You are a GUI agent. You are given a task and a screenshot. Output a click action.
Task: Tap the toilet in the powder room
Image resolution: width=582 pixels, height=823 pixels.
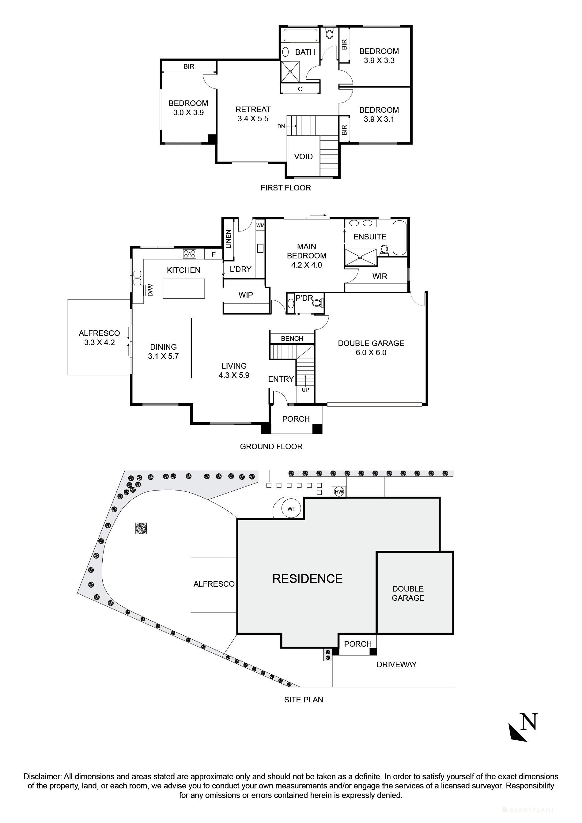point(317,303)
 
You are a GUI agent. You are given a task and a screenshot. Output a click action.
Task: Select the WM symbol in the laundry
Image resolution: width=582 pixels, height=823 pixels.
point(260,225)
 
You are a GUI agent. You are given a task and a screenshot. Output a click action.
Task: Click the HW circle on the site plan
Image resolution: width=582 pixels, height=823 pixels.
point(339,492)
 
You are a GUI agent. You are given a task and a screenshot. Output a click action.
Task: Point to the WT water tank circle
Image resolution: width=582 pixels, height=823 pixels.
point(291,509)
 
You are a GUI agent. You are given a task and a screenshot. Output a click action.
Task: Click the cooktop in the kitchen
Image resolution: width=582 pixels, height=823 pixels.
point(189,254)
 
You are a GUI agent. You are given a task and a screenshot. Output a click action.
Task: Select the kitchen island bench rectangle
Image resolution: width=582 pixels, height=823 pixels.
point(183,288)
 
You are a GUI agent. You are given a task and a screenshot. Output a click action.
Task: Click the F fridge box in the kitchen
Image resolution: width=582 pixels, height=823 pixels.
point(214,254)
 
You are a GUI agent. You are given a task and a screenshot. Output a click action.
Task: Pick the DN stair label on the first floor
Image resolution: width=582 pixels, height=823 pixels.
point(281,126)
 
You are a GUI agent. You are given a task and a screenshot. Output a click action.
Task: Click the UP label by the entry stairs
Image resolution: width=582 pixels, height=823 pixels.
point(305,390)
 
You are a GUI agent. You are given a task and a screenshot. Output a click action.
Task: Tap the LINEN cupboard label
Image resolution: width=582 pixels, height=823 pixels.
point(229,239)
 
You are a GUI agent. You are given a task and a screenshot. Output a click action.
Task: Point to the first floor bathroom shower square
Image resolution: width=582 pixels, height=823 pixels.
point(290,71)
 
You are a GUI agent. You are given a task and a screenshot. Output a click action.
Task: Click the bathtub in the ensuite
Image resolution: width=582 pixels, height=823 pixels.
point(400,238)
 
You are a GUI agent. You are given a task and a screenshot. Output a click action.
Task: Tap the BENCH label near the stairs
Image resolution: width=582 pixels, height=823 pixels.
point(292,338)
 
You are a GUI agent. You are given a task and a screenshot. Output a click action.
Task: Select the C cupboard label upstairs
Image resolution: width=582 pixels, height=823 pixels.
point(300,89)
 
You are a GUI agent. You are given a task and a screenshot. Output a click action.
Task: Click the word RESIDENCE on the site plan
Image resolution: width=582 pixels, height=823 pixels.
point(307,579)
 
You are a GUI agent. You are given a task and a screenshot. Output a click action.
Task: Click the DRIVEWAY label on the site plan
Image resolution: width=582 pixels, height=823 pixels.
point(396,664)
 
